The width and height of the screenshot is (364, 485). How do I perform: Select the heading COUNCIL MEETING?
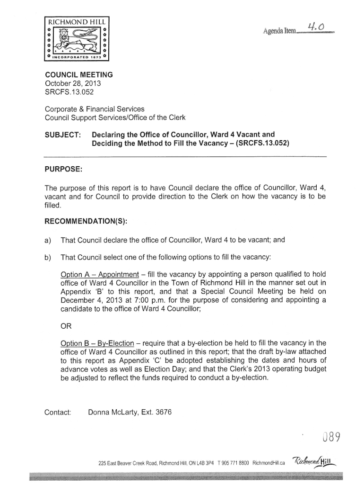[78, 75]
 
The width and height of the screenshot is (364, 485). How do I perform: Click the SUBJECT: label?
[63, 134]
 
